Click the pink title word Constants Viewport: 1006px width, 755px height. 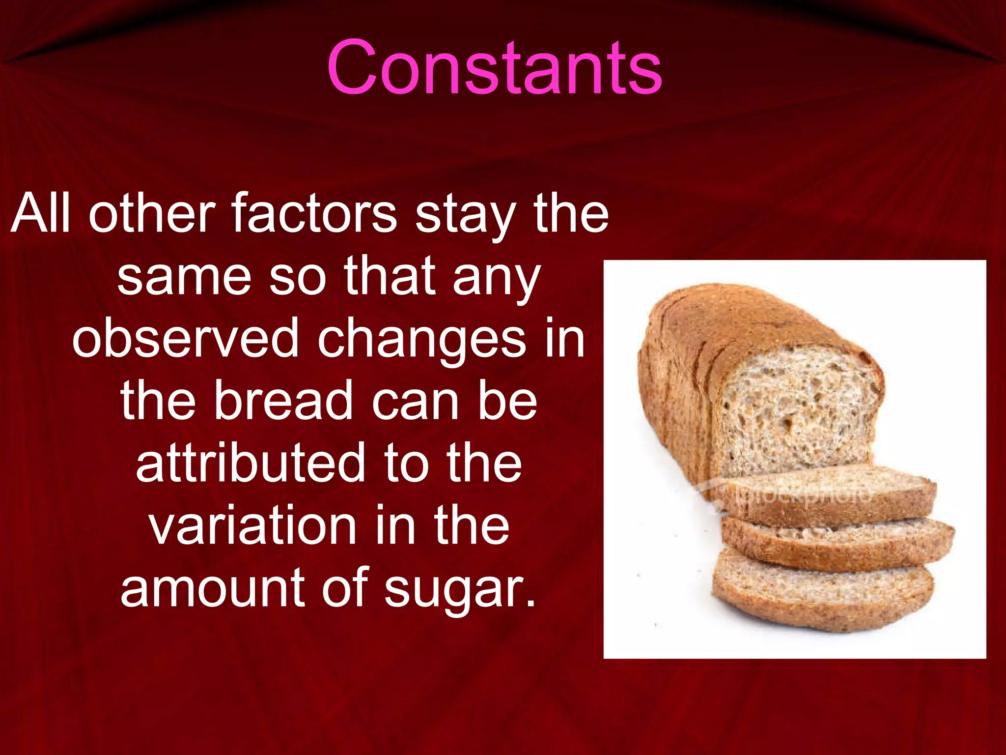click(x=494, y=68)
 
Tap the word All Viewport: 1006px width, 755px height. click(x=40, y=213)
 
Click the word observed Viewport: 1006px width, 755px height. click(x=185, y=338)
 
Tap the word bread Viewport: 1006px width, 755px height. click(x=283, y=400)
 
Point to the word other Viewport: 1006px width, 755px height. click(x=152, y=213)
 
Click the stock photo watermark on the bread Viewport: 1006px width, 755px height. click(x=796, y=494)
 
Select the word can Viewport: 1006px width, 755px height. click(x=415, y=401)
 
